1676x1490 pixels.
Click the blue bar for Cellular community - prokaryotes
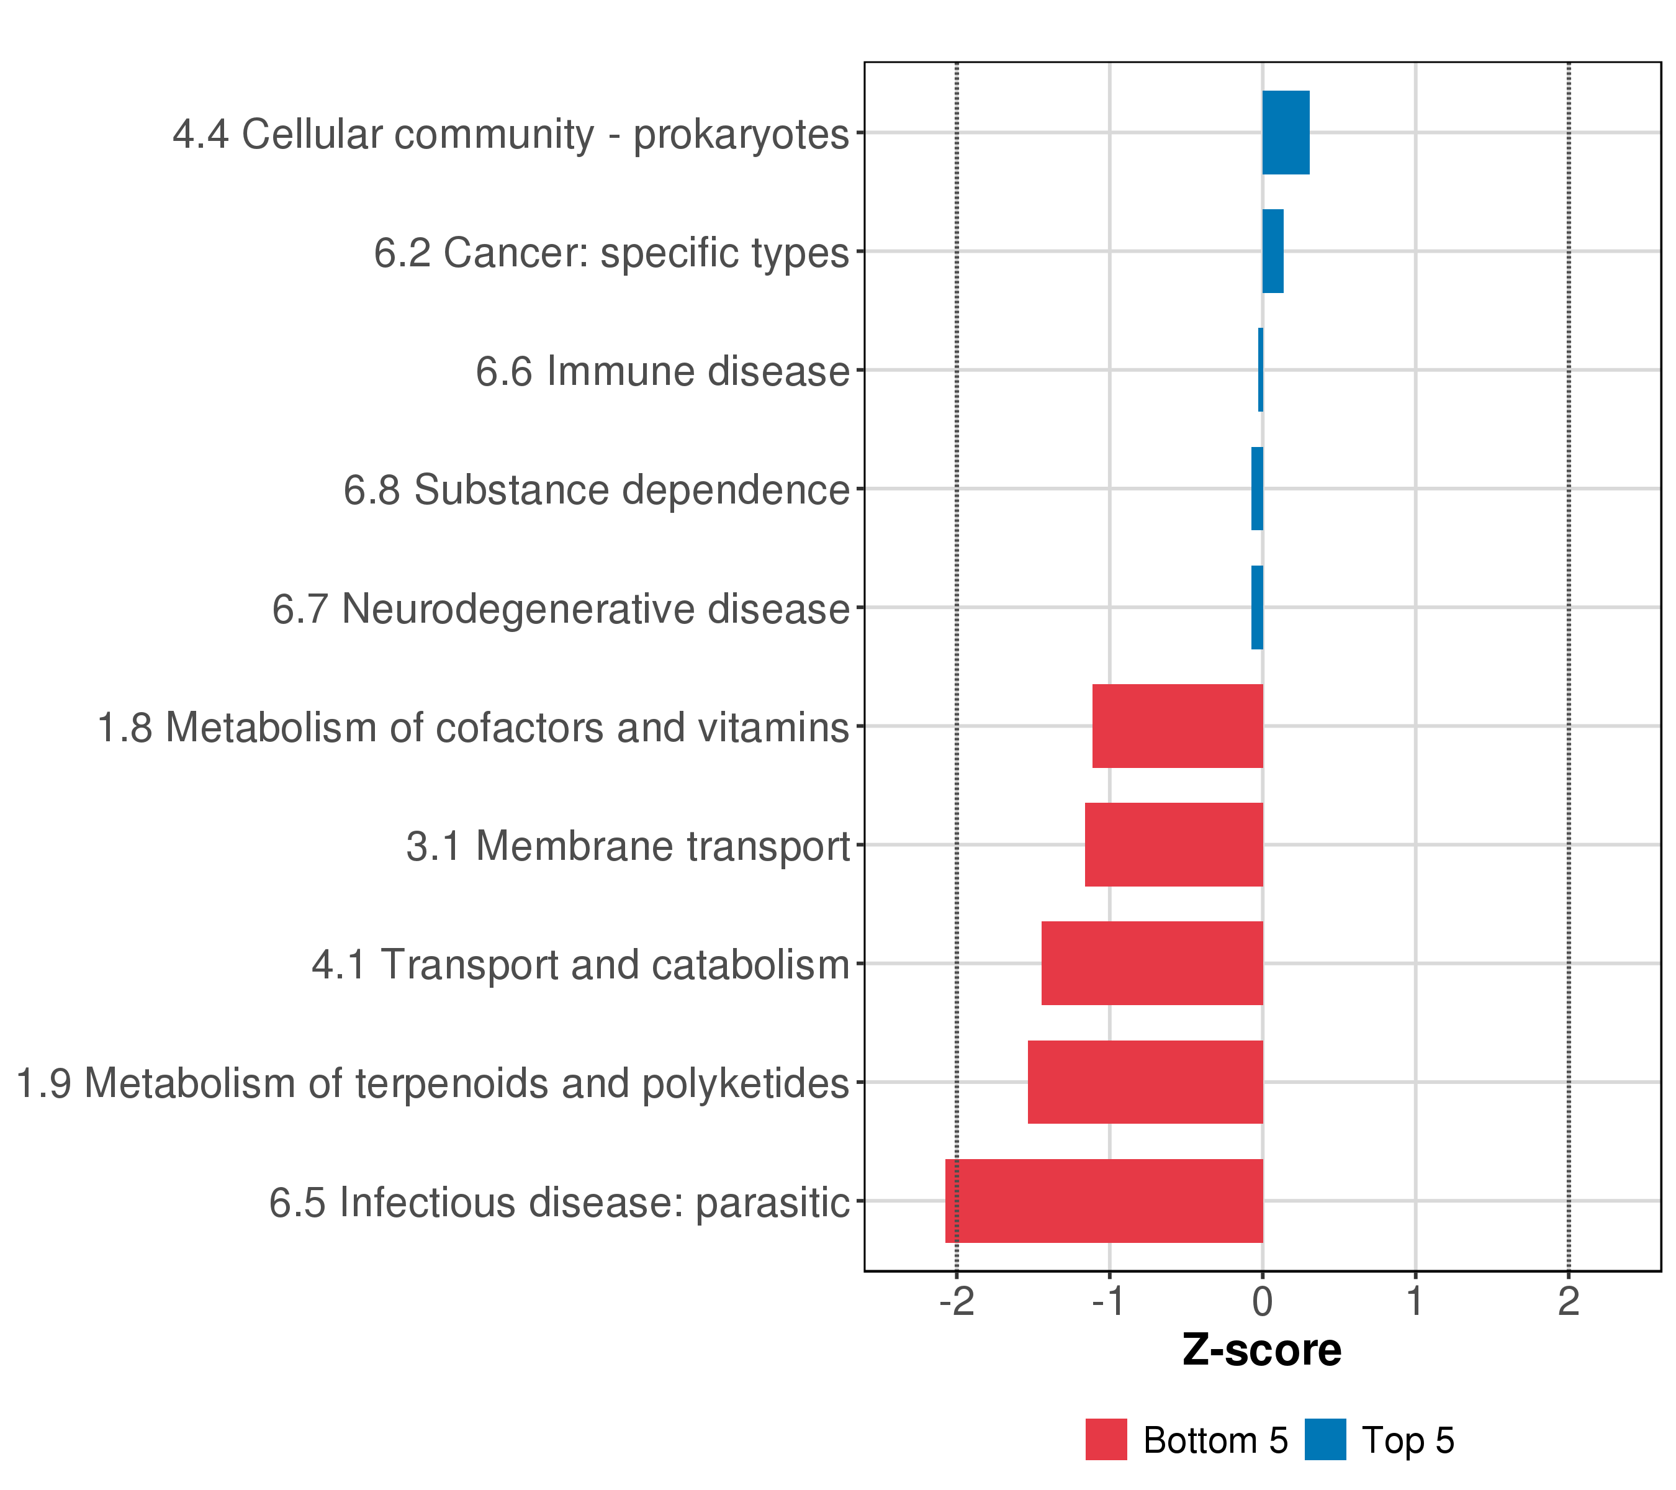point(1285,132)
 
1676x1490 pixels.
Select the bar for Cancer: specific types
point(1273,251)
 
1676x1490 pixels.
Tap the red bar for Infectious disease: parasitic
point(1104,1201)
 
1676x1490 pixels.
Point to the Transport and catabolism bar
point(1152,963)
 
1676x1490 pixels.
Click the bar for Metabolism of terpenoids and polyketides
point(1145,1081)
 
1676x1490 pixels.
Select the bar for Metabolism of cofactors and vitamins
point(1178,726)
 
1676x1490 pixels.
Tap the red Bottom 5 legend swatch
point(1106,1440)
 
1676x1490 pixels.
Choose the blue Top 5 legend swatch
point(1325,1440)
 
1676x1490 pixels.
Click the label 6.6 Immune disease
point(662,371)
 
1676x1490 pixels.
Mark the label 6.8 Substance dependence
point(596,490)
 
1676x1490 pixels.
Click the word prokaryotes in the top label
point(741,135)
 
